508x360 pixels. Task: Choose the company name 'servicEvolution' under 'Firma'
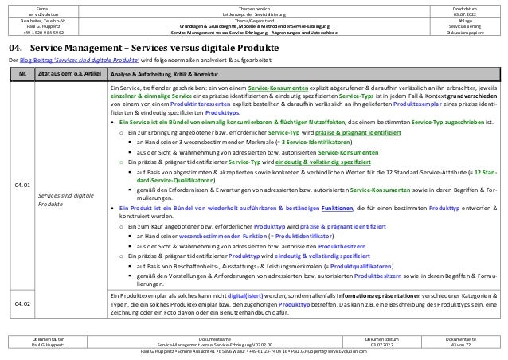37,14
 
